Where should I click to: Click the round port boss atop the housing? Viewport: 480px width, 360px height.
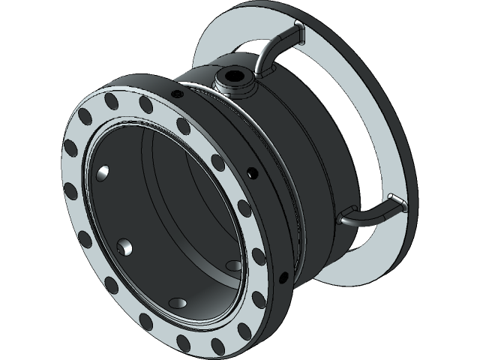click(235, 82)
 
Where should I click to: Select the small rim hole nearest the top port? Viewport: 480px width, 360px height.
click(177, 94)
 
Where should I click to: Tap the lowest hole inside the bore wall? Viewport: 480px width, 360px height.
click(178, 302)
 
